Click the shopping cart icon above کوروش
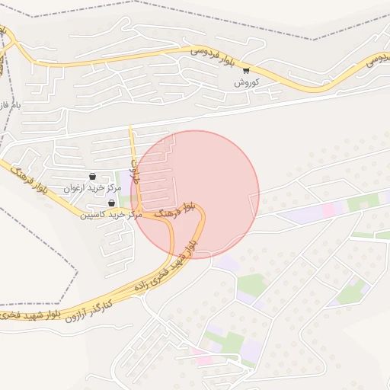pos(245,71)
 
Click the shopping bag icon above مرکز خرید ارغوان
pos(93,177)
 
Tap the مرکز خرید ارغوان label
pos(93,187)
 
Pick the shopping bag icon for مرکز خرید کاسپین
pos(112,203)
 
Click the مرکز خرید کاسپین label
pos(112,214)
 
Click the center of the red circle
pos(195,194)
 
